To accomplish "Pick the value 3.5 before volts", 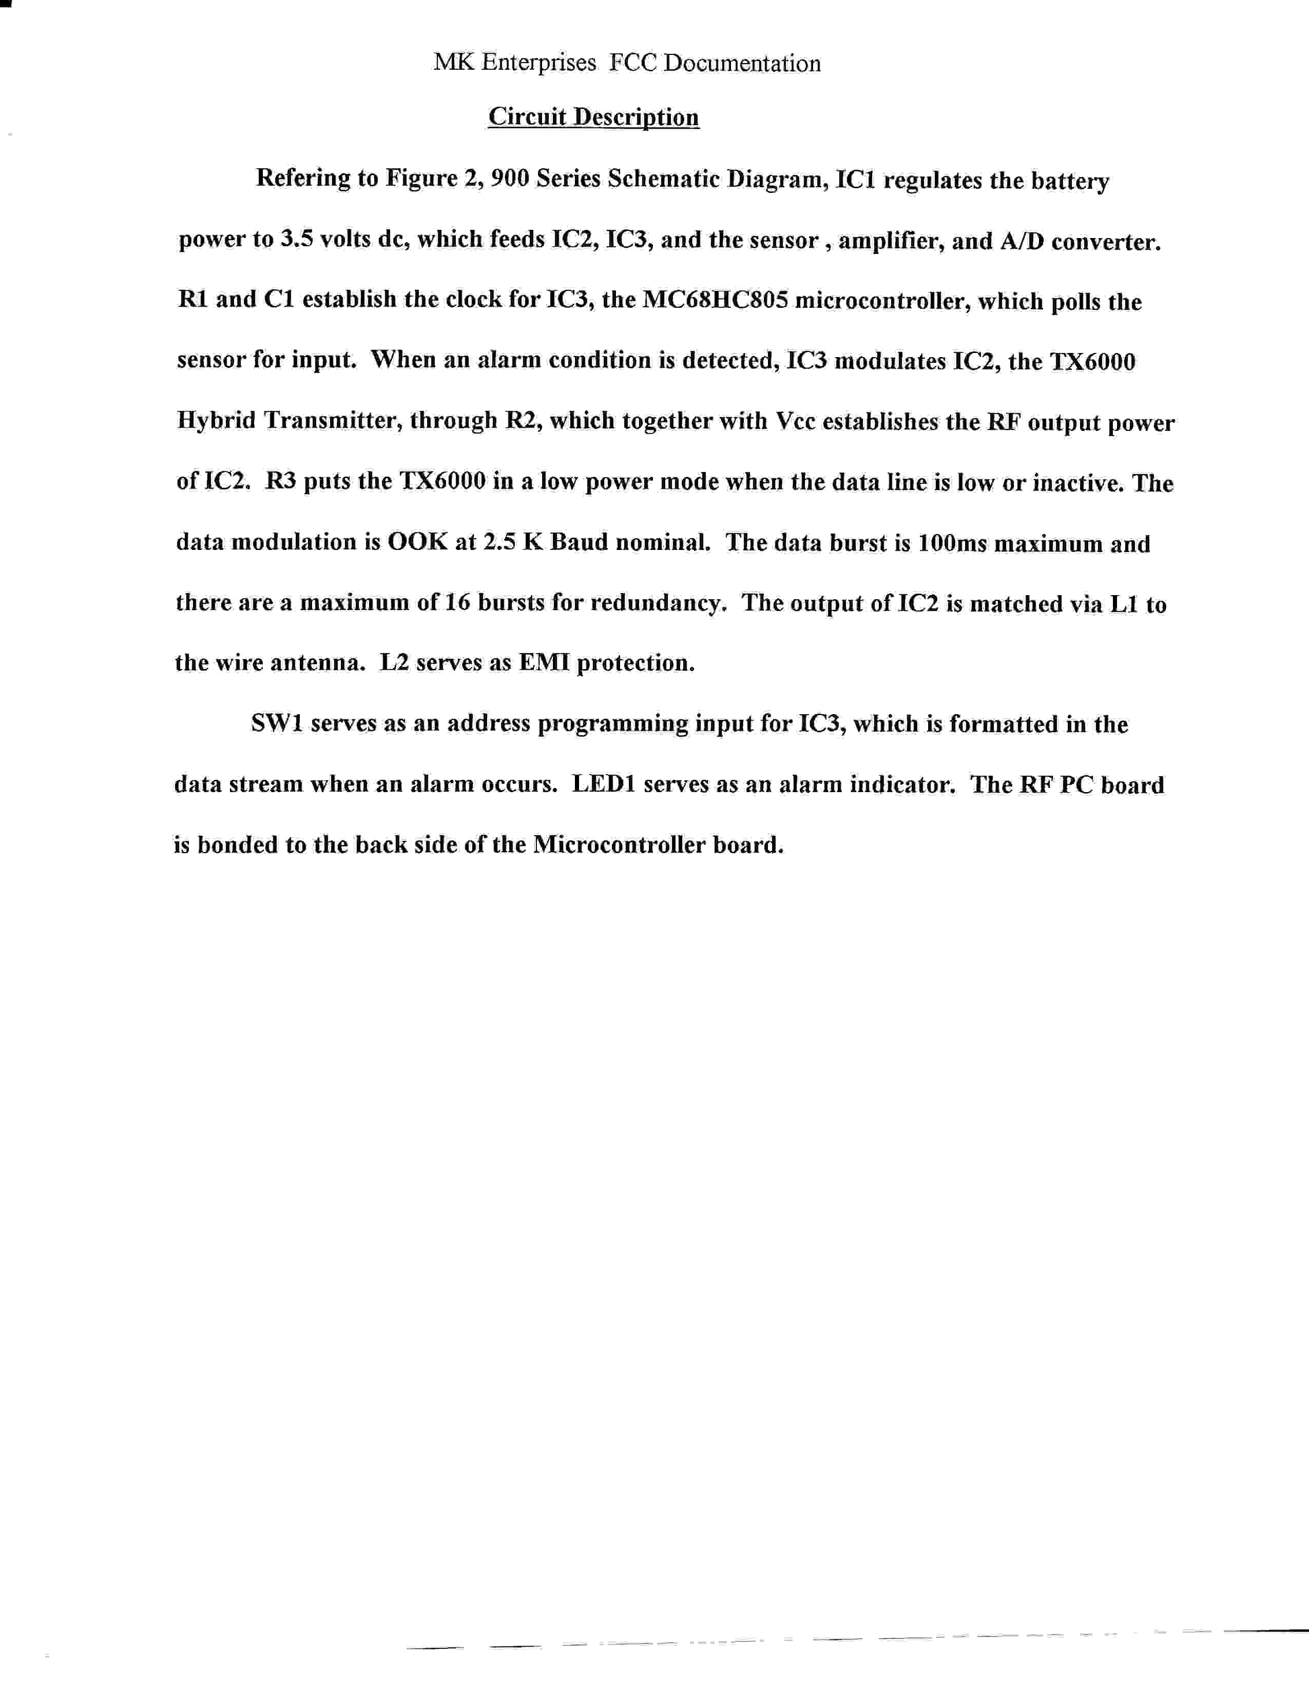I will coord(296,240).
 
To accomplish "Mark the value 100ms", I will coord(952,543).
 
